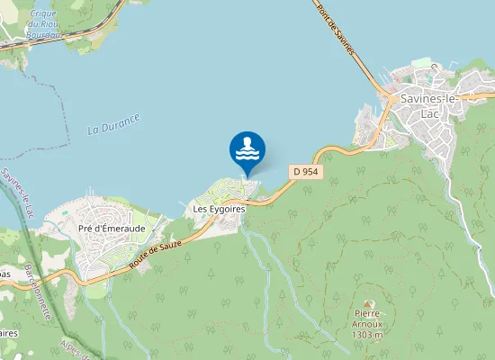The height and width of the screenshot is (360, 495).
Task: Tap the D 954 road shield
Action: pos(304,171)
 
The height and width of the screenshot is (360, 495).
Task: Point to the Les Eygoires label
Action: pos(214,209)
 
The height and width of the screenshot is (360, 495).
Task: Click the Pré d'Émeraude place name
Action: pos(112,229)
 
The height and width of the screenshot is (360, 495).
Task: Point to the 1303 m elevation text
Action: pos(367,335)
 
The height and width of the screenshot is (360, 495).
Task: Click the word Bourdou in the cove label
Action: pos(44,35)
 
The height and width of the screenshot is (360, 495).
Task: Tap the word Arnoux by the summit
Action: pos(367,325)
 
